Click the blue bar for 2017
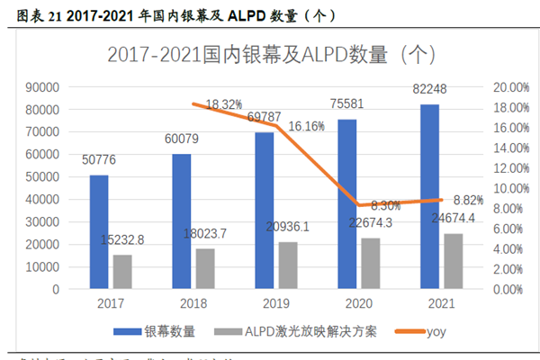point(99,232)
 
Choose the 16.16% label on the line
point(307,127)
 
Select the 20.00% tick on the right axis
point(512,87)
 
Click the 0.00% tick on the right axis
point(509,290)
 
